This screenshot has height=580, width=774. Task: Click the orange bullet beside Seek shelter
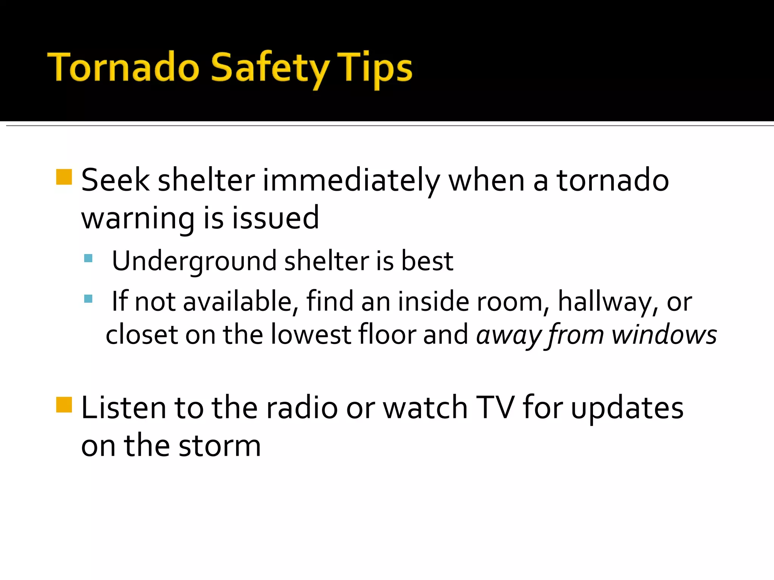(64, 177)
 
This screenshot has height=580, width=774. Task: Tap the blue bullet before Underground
(88, 258)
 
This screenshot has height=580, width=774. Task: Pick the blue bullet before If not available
(88, 299)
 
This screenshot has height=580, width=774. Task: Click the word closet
(142, 335)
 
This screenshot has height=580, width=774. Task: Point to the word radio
(302, 408)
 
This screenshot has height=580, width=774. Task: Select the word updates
(627, 409)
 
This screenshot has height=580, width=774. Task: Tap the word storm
(220, 446)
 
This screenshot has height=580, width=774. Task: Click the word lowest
(311, 335)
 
